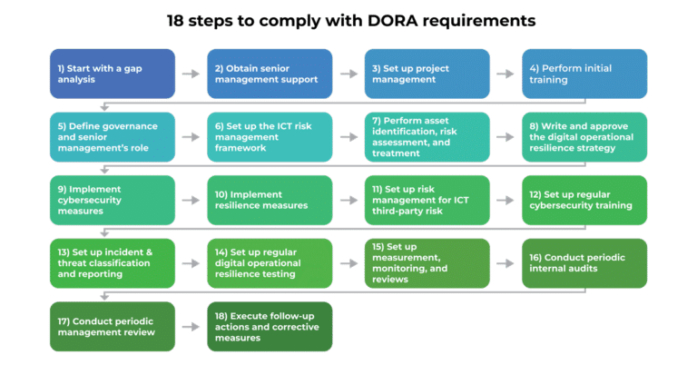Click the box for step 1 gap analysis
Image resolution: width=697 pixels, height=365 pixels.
[112, 74]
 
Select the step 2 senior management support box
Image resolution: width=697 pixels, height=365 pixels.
[270, 74]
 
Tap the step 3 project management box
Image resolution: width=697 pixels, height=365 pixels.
[427, 74]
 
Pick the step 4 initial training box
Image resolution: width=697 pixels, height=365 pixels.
[584, 74]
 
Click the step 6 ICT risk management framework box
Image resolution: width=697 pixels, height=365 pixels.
[270, 137]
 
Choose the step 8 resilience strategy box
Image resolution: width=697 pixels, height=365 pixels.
[584, 137]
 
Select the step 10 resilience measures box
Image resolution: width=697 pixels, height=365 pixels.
[270, 200]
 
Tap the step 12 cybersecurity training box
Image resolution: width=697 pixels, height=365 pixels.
[584, 200]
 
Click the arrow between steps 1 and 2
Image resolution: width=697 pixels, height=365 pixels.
[191, 74]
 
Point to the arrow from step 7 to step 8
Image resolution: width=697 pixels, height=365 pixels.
[506, 137]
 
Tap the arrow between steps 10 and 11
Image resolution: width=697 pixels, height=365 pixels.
[348, 200]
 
